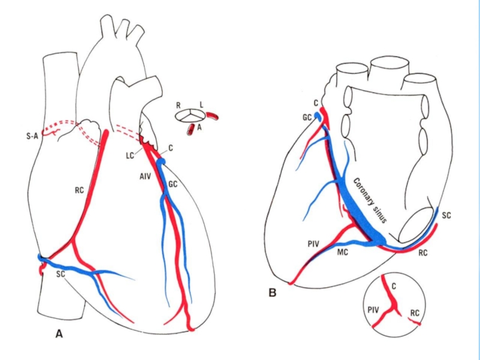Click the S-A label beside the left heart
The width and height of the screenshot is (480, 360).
pyautogui.click(x=32, y=136)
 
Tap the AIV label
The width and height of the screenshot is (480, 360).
pyautogui.click(x=145, y=176)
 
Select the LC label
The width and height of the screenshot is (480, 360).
pyautogui.click(x=130, y=156)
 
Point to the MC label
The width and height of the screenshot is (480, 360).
pyautogui.click(x=343, y=252)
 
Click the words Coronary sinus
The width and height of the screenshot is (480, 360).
pyautogui.click(x=370, y=200)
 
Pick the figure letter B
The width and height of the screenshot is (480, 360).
pyautogui.click(x=272, y=293)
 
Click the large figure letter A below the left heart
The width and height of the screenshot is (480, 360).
pyautogui.click(x=59, y=334)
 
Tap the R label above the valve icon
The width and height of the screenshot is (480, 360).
pyautogui.click(x=178, y=106)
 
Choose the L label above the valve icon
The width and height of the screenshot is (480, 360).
pyautogui.click(x=201, y=105)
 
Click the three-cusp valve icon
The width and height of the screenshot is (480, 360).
pyautogui.click(x=190, y=116)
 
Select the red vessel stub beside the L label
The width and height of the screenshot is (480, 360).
pyautogui.click(x=212, y=116)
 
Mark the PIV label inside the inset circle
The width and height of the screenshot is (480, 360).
pyautogui.click(x=373, y=310)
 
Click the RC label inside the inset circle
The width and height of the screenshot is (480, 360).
pyautogui.click(x=415, y=313)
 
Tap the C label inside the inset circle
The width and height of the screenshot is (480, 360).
pyautogui.click(x=394, y=286)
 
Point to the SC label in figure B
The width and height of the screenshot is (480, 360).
pyautogui.click(x=446, y=215)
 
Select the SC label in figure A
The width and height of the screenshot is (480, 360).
pyautogui.click(x=61, y=274)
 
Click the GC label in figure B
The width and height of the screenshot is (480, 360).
pyautogui.click(x=307, y=118)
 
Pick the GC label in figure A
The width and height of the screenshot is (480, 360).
pyautogui.click(x=173, y=184)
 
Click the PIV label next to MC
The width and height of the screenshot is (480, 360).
pyautogui.click(x=313, y=244)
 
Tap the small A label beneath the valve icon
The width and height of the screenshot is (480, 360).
pyautogui.click(x=199, y=127)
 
